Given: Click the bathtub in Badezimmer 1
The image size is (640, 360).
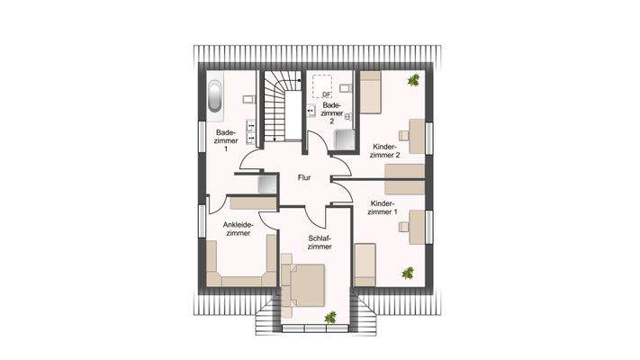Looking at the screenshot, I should point(217,96).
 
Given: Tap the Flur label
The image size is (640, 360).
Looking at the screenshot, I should point(304,178).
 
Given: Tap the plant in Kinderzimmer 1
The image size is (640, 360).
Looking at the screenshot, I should point(409,271).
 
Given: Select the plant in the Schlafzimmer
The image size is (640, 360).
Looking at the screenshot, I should point(330,316).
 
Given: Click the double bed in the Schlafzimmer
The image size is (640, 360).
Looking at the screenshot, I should point(303,286).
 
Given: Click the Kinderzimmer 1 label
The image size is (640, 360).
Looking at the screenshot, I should point(389,209).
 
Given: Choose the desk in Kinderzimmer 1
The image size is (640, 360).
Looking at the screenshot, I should point(417,226).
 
